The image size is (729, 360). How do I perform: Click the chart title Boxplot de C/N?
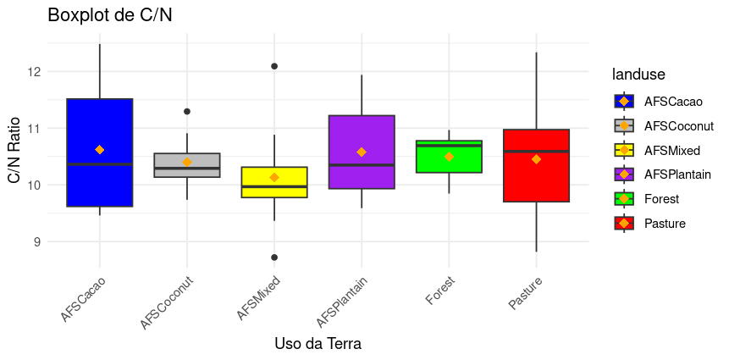pyautogui.click(x=110, y=15)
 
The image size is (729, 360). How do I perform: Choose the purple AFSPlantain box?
pyautogui.click(x=362, y=136)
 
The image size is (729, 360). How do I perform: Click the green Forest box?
pyautogui.click(x=449, y=165)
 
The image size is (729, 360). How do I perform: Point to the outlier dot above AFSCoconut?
pyautogui.click(x=187, y=111)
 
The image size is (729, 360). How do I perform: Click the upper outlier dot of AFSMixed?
pyautogui.click(x=274, y=66)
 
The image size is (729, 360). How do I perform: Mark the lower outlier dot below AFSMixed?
pyautogui.click(x=274, y=257)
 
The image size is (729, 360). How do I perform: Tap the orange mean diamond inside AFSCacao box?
pyautogui.click(x=100, y=150)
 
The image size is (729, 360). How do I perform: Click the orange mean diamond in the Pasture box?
pyautogui.click(x=536, y=159)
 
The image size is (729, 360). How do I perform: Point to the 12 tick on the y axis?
pyautogui.click(x=35, y=72)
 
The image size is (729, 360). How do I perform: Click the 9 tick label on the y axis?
pyautogui.click(x=35, y=242)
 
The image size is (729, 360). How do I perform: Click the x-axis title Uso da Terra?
pyautogui.click(x=318, y=344)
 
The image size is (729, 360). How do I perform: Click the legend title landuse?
pyautogui.click(x=639, y=75)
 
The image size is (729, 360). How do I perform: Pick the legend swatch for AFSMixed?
pyautogui.click(x=624, y=150)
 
